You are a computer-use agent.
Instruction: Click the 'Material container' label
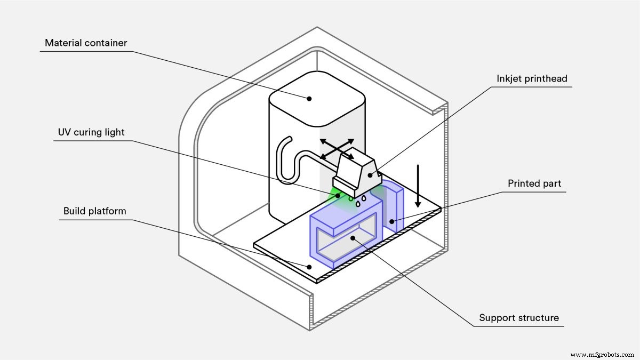pos(86,43)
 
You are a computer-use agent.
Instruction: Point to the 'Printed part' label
pos(534,184)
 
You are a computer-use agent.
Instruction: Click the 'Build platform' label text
pos(95,211)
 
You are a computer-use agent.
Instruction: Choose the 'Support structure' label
pos(519,318)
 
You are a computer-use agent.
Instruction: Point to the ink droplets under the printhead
pos(357,201)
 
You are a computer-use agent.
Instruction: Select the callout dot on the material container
pos(308,98)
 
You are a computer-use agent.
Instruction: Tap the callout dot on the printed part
pos(391,220)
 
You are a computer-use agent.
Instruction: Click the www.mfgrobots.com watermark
pos(602,355)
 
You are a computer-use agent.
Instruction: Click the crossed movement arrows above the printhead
pos(337,149)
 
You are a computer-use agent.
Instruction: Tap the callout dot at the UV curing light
pos(338,195)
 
